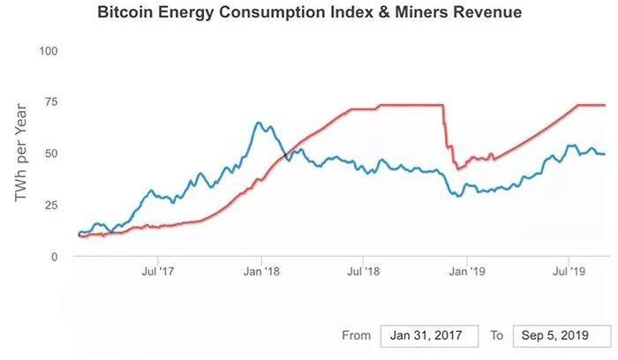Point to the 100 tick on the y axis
pyautogui.click(x=49, y=50)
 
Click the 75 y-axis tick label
pyautogui.click(x=51, y=101)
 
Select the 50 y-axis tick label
pyautogui.click(x=51, y=154)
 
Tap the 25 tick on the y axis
pyautogui.click(x=51, y=205)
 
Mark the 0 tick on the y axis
pyautogui.click(x=55, y=256)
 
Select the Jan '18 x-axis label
pyautogui.click(x=261, y=271)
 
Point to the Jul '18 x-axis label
pyautogui.click(x=365, y=271)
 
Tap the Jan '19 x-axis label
pyautogui.click(x=469, y=271)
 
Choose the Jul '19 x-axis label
pyautogui.click(x=571, y=271)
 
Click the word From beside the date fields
pyautogui.click(x=356, y=336)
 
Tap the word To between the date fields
pyautogui.click(x=496, y=336)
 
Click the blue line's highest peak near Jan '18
pyautogui.click(x=258, y=123)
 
